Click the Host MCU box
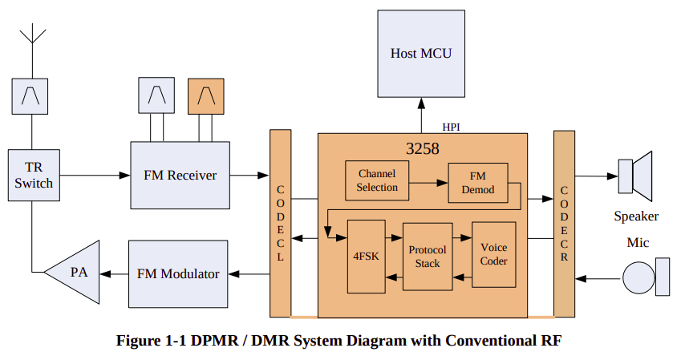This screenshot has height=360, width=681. click(421, 54)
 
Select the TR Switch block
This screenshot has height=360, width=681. click(33, 176)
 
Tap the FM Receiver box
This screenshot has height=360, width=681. click(180, 175)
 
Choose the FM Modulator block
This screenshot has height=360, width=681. click(178, 273)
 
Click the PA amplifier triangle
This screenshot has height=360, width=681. click(76, 273)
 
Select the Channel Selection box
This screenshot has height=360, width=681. click(377, 181)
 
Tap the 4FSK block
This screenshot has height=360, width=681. click(367, 257)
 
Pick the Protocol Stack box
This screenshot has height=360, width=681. click(428, 257)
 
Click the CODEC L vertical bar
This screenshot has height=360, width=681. click(280, 223)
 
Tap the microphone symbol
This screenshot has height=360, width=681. click(647, 277)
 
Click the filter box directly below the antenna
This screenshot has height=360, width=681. click(33, 95)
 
